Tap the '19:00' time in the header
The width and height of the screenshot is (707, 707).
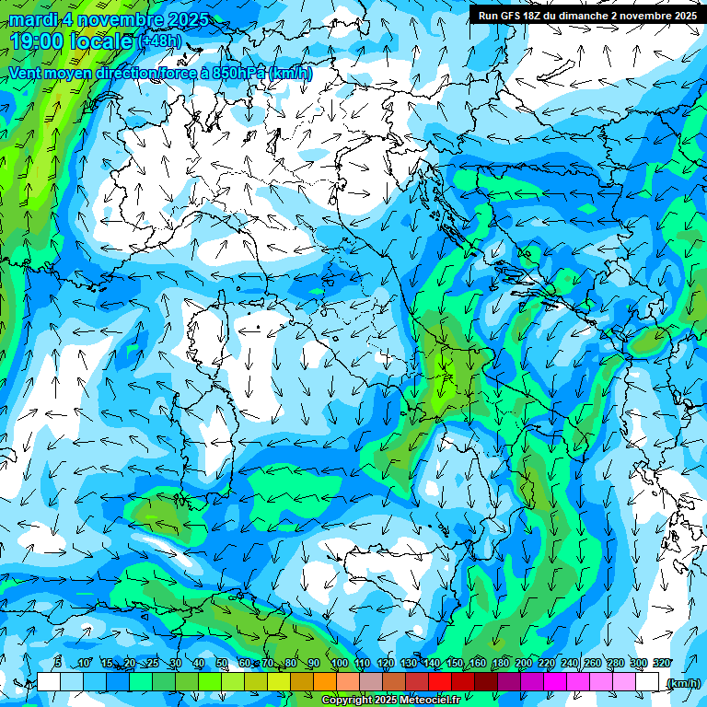37,41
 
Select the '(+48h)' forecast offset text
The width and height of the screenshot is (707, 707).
158,41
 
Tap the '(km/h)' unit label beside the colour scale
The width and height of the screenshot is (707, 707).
683,683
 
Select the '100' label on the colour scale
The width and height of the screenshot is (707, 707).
339,664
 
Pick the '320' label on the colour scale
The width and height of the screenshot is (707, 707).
660,664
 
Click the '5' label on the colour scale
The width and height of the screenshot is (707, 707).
58,664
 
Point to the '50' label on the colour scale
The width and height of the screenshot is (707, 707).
222,664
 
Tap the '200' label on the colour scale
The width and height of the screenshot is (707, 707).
523,664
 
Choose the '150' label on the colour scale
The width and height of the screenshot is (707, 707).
454,664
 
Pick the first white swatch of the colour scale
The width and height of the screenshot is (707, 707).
49,682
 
